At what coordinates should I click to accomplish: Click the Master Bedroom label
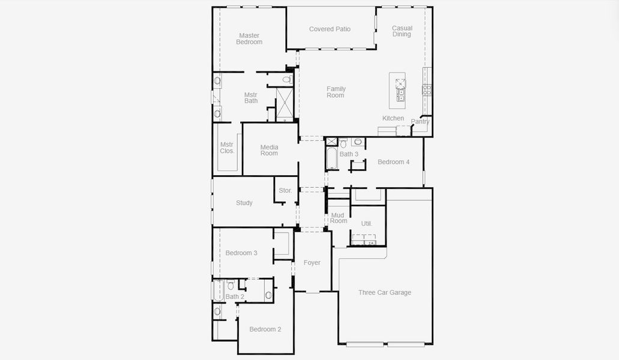click(249, 39)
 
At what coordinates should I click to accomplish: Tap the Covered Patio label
click(330, 29)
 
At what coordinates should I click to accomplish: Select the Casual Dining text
click(402, 31)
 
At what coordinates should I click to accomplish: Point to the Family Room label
click(336, 92)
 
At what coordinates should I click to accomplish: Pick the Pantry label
click(420, 122)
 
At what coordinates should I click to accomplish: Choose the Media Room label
click(269, 150)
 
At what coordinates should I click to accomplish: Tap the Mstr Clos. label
click(227, 148)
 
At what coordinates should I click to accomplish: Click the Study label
click(244, 203)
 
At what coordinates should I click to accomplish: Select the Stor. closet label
click(285, 191)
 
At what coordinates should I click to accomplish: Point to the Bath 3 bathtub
click(331, 158)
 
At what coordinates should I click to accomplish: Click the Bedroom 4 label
click(393, 162)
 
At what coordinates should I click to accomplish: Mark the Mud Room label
click(338, 218)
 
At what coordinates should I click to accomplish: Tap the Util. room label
click(366, 223)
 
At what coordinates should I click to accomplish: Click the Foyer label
click(312, 263)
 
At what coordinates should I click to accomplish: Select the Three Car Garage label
click(385, 293)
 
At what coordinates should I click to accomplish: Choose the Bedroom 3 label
click(241, 253)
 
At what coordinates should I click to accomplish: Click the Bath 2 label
click(235, 296)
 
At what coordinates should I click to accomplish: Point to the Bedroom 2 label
click(265, 329)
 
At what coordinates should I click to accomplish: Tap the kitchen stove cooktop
click(427, 90)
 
